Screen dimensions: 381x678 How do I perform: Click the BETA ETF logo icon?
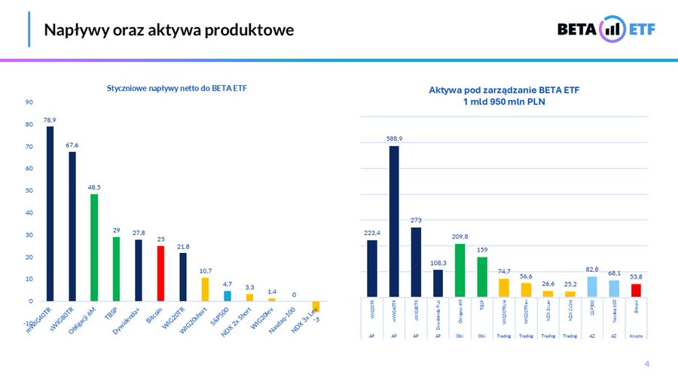pyautogui.click(x=612, y=29)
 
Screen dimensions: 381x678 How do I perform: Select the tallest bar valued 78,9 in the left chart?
pyautogui.click(x=50, y=213)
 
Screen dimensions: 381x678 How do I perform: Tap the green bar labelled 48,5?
pyautogui.click(x=94, y=247)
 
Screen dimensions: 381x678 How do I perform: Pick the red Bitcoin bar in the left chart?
pyautogui.click(x=160, y=273)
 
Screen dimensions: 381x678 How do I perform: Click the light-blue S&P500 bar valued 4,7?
pyautogui.click(x=228, y=295)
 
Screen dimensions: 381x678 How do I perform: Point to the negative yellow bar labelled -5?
pyautogui.click(x=316, y=306)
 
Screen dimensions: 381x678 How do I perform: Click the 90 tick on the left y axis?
pyautogui.click(x=29, y=102)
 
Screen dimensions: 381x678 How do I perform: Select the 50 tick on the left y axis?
pyautogui.click(x=29, y=190)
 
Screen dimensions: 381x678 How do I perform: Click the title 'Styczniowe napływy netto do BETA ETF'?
pyautogui.click(x=177, y=89)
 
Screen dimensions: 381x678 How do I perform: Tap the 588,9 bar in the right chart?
pyautogui.click(x=394, y=221)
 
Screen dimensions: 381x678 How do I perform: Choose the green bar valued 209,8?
pyautogui.click(x=460, y=270)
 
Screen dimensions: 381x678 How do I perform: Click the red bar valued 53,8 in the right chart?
pyautogui.click(x=636, y=290)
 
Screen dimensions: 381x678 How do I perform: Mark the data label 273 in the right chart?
pyautogui.click(x=416, y=221)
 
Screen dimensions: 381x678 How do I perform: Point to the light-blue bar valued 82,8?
pyautogui.click(x=592, y=286)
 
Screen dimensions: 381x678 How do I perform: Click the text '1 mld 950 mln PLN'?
pyautogui.click(x=504, y=102)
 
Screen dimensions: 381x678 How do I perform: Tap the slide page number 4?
pyautogui.click(x=646, y=364)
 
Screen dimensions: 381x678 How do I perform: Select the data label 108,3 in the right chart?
pyautogui.click(x=438, y=263)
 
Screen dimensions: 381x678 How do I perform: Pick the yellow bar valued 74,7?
pyautogui.click(x=504, y=288)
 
